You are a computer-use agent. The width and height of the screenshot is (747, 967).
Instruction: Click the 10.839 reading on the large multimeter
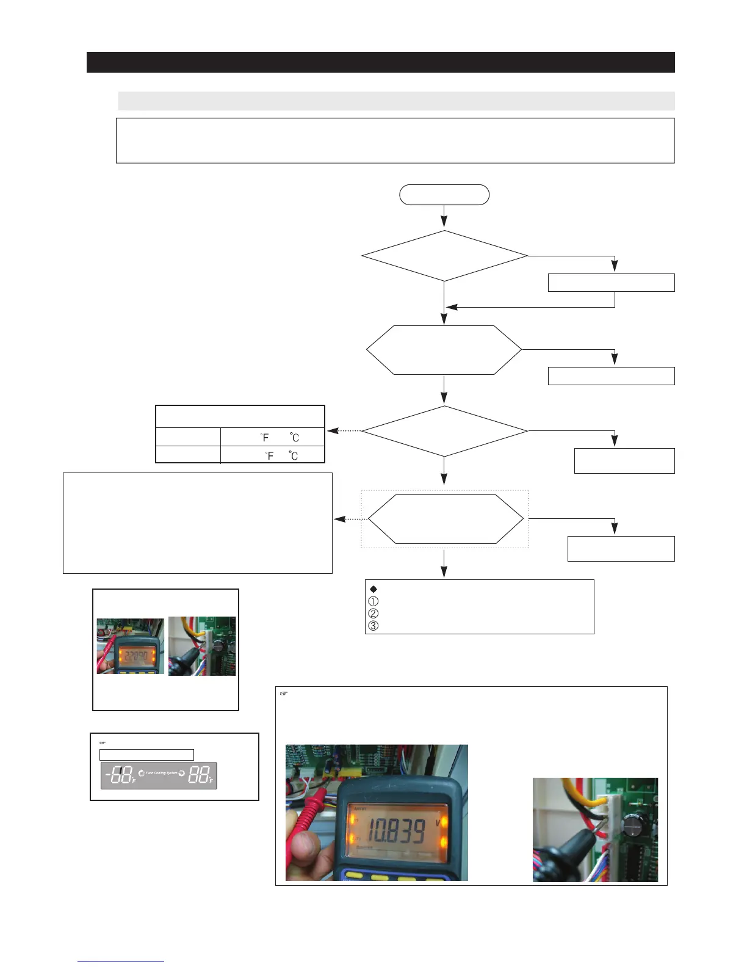[396, 831]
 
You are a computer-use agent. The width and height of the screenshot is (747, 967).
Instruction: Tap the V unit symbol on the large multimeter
[438, 822]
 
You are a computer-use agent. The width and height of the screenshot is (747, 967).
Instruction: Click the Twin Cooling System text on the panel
[161, 773]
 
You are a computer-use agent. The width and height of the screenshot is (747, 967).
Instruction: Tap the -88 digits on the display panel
[118, 776]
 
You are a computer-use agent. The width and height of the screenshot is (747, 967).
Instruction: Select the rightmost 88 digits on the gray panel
[198, 775]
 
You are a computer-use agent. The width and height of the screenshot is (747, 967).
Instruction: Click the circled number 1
[374, 601]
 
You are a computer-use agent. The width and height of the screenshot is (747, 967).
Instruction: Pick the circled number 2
[374, 614]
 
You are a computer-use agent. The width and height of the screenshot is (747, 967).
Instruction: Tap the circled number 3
[374, 626]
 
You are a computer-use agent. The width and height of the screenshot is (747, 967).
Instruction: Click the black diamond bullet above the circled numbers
[374, 589]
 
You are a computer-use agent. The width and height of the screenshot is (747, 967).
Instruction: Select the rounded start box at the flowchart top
[444, 195]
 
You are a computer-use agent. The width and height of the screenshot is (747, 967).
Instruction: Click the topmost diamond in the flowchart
[444, 256]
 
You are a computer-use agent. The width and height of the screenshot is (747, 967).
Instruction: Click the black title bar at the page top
[380, 62]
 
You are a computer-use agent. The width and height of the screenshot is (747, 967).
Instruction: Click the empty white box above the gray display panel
[146, 755]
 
